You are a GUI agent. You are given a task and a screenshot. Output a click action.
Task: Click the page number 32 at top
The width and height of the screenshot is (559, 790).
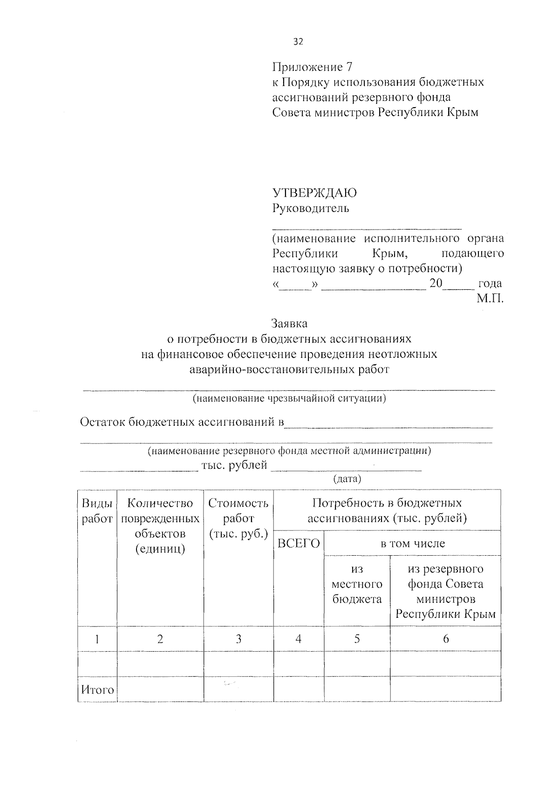tap(298, 42)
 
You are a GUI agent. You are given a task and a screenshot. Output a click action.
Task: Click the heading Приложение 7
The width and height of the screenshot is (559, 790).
tap(312, 67)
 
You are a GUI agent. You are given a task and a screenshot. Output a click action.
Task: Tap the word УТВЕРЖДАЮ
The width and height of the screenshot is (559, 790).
tap(315, 193)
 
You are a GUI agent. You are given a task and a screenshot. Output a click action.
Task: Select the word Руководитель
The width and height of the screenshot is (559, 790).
tap(311, 208)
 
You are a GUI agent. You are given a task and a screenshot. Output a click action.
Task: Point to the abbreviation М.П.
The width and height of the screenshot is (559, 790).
tap(490, 299)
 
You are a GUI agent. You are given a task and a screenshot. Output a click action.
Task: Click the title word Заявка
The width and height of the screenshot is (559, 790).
tap(289, 323)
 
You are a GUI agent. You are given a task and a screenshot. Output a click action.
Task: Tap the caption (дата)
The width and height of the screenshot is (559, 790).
tap(347, 479)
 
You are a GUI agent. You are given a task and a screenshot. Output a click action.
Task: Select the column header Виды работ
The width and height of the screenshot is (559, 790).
tap(97, 511)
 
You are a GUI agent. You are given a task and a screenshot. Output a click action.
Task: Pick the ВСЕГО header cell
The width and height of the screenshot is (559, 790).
tap(299, 543)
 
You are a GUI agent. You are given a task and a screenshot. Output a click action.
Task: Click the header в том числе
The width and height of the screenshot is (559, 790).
tap(413, 543)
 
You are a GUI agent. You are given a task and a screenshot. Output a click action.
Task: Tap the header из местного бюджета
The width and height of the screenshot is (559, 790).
tap(357, 584)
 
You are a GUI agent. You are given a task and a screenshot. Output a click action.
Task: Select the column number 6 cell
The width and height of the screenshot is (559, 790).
tap(445, 639)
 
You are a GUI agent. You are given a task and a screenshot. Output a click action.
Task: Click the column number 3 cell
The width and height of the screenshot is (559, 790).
tap(238, 639)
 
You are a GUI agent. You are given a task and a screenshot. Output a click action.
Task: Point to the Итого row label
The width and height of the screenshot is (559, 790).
tap(97, 689)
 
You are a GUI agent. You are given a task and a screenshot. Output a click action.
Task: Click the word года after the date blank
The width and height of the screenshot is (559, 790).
tap(490, 283)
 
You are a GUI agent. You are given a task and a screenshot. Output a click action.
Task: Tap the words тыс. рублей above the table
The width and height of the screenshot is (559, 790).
tap(234, 465)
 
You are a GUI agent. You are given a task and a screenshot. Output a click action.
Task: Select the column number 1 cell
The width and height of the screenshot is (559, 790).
tap(97, 639)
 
